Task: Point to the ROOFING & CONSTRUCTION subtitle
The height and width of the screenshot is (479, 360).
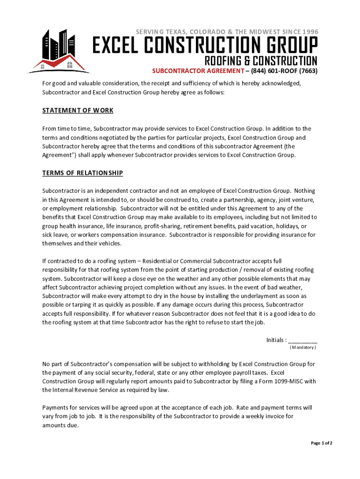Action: click(261, 61)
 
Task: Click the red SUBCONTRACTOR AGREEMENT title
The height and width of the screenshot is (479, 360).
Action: click(199, 72)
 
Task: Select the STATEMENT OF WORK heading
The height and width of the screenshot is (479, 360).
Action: click(78, 111)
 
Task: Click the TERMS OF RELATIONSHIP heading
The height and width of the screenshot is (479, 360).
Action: click(82, 173)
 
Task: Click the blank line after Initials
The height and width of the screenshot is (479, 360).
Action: click(303, 340)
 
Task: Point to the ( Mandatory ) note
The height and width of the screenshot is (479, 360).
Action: click(303, 348)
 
